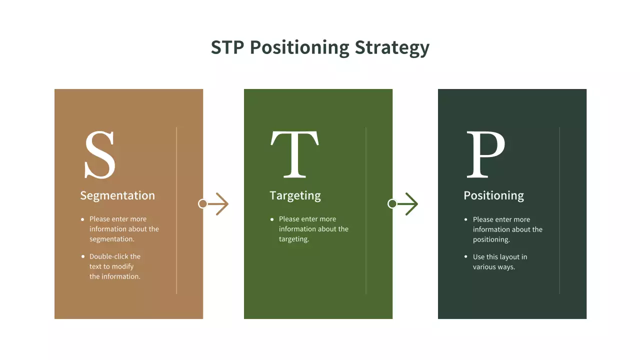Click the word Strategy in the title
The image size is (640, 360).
pos(392,47)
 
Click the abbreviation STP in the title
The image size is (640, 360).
pos(227,47)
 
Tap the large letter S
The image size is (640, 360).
pos(99,154)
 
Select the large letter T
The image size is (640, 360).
pos(294,154)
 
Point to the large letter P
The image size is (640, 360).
pos(485,154)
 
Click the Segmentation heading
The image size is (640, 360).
pos(117,195)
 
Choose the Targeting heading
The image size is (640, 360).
pos(295,195)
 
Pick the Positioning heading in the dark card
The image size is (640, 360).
pos(493,195)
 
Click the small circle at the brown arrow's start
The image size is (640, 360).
pos(202,204)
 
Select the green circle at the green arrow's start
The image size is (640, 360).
pos(392,204)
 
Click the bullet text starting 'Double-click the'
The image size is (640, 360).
pos(115,266)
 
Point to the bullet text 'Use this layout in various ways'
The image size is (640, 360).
pos(499,262)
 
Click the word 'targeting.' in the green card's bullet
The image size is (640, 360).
pos(294,239)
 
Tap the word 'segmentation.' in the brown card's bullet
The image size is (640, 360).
pos(112,239)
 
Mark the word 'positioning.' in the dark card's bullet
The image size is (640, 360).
pos(491,239)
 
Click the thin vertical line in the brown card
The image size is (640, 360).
pos(176,210)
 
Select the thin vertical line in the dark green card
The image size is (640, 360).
pos(559,210)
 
